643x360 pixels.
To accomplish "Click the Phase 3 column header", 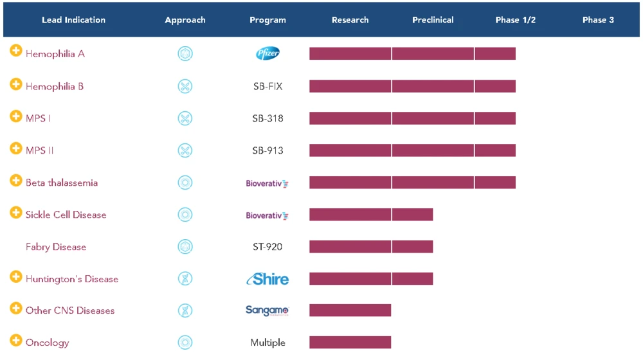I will point(598,20).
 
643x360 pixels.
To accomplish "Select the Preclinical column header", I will point(433,20).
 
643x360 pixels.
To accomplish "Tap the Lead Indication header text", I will point(73,20).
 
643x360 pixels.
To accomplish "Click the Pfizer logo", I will point(267,53).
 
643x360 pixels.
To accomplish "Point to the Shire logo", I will point(267,279).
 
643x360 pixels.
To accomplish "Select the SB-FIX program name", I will point(267,86).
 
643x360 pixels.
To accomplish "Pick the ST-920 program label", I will point(267,247).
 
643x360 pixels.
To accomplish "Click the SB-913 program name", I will point(267,150).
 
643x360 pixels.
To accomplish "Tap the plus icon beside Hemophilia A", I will point(16,51).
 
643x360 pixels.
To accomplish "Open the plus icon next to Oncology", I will point(16,341).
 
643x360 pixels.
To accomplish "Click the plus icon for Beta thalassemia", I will point(16,180).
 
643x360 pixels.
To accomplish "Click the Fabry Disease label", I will point(56,247).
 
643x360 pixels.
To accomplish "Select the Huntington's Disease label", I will point(72,279).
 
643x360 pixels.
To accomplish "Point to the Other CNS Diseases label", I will point(70,310).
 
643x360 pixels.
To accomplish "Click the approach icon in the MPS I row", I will point(185,118).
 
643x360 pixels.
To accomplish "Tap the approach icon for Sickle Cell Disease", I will point(185,215).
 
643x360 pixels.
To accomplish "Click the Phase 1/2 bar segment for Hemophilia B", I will point(495,86).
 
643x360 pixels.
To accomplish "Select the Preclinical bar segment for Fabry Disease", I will point(412,247).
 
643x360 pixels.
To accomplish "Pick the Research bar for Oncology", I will point(350,343).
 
